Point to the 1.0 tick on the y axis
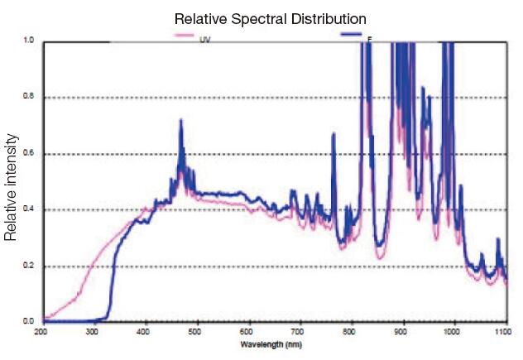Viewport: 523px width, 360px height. (x=29, y=41)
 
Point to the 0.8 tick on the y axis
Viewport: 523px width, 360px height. (x=29, y=98)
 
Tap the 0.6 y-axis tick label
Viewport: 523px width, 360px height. (x=29, y=154)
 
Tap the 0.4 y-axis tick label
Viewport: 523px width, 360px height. (x=29, y=210)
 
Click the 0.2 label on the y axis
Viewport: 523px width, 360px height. (x=29, y=266)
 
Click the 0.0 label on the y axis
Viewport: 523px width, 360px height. (x=29, y=321)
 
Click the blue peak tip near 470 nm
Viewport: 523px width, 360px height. (x=180, y=120)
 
